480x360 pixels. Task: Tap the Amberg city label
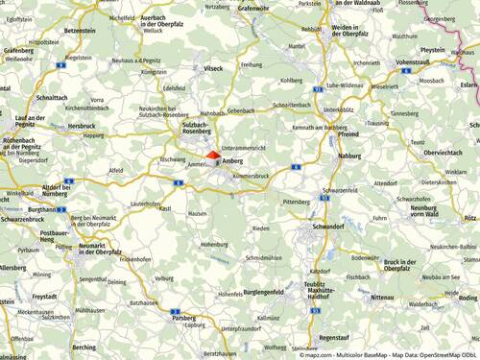click(x=233, y=162)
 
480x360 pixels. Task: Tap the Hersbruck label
click(x=82, y=126)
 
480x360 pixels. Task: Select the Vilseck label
click(x=213, y=69)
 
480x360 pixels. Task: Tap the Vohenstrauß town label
click(x=412, y=61)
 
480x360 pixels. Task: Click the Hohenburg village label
click(x=213, y=245)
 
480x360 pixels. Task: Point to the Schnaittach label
click(x=50, y=98)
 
